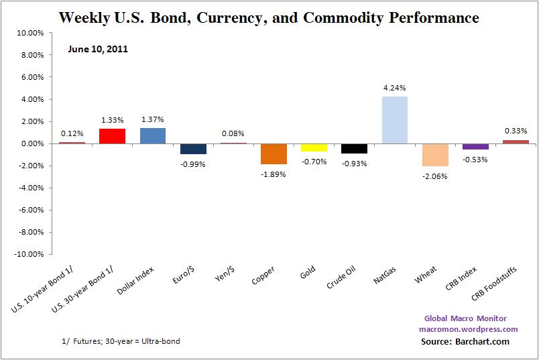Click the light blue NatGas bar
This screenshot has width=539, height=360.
pos(395,120)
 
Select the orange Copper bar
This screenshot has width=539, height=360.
pos(274,154)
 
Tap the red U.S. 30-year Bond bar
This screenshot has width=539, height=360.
pos(112,136)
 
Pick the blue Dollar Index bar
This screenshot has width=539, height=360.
pos(152,136)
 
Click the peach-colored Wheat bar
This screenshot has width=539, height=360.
pos(435,155)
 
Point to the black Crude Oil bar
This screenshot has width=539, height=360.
pos(354,149)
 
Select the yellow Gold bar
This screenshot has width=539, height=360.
pos(314,147)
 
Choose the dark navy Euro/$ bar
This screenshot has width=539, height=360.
pos(192,149)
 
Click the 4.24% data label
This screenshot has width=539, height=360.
pos(395,88)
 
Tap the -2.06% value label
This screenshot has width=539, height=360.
pos(435,176)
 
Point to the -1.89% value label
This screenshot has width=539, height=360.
pos(274,174)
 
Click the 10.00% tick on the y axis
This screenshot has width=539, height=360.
pos(30,33)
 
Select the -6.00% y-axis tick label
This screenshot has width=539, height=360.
pos(29,211)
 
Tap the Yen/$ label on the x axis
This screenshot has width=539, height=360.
pos(225,276)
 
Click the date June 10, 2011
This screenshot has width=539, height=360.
pos(98,49)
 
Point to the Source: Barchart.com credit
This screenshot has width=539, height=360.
pos(465,342)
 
